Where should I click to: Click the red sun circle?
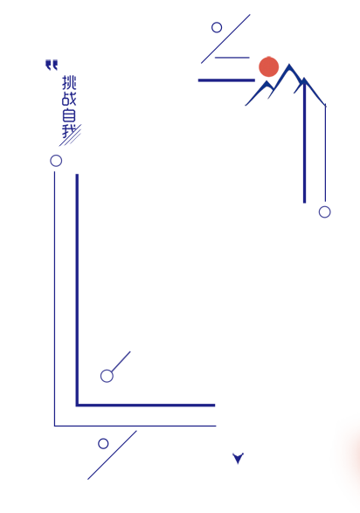pos(268,66)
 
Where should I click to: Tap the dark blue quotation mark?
pos(52,65)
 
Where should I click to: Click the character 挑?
pos(69,82)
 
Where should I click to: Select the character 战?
pos(69,99)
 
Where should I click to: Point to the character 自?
pos(69,115)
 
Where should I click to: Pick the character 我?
pos(69,131)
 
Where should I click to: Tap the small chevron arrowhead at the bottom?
pos(238,458)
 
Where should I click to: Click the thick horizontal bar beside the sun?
pos(226,80)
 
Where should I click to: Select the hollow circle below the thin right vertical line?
pos(325,212)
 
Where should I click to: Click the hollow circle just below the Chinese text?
pos(56,161)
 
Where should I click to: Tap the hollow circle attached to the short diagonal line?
pos(107,377)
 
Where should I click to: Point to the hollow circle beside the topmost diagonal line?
pos(217,27)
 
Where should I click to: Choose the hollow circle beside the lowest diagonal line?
pos(103,444)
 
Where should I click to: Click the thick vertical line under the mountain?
pos(304,142)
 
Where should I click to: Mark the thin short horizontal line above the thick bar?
pos(232,58)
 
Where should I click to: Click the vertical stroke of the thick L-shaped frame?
pos(77,290)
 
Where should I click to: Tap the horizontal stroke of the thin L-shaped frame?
pos(135,426)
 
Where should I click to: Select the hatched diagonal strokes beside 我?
pos(70,135)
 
